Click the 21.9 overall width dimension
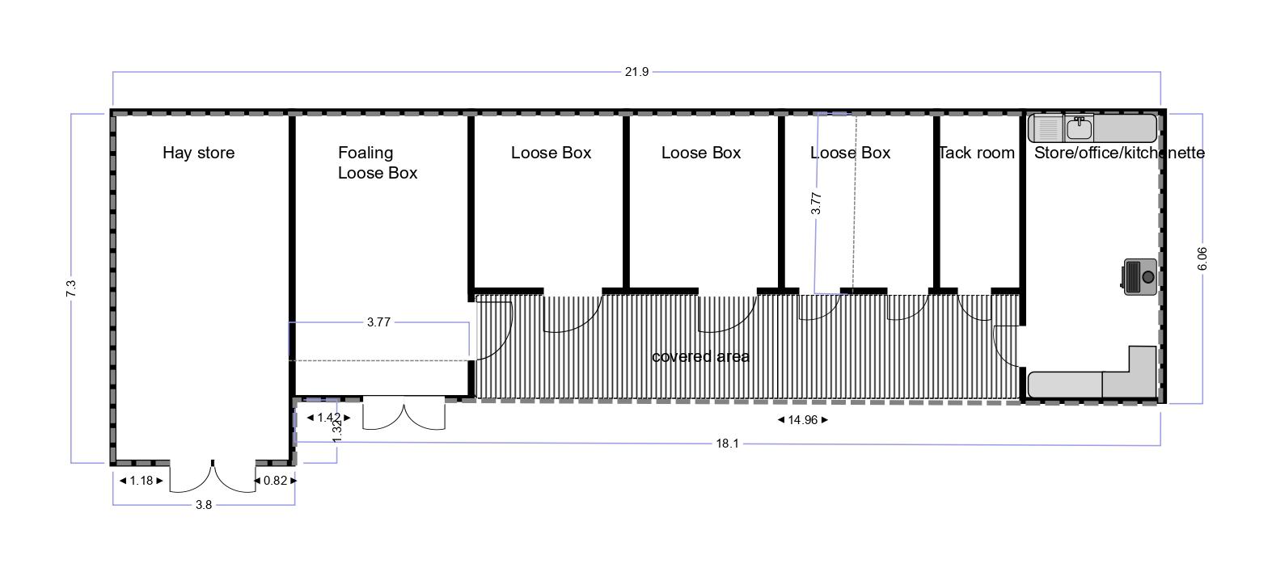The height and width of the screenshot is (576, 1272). point(636,72)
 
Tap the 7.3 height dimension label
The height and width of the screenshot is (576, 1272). point(71,288)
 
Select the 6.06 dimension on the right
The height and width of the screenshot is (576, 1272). point(1202,259)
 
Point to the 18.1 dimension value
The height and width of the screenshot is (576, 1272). point(727,444)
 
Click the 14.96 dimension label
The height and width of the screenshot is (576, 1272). point(802,420)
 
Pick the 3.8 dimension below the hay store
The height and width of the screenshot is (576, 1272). point(203,504)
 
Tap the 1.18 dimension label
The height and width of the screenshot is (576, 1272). point(142,481)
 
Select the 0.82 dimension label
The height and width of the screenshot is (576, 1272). point(276,481)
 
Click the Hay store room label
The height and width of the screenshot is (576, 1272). point(199,153)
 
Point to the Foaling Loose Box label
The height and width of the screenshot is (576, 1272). point(378,162)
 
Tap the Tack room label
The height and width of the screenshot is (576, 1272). point(976,153)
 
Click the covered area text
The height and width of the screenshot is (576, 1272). point(701,356)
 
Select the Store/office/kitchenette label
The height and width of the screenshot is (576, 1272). point(1119,153)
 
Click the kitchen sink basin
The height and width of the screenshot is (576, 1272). point(1079,128)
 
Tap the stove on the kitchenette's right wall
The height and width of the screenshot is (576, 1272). point(1139,277)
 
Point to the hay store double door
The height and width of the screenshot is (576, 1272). point(213,477)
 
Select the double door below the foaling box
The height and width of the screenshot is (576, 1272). point(404,413)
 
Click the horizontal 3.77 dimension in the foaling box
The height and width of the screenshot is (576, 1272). point(378,322)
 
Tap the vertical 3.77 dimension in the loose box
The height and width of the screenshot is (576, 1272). point(816,204)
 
